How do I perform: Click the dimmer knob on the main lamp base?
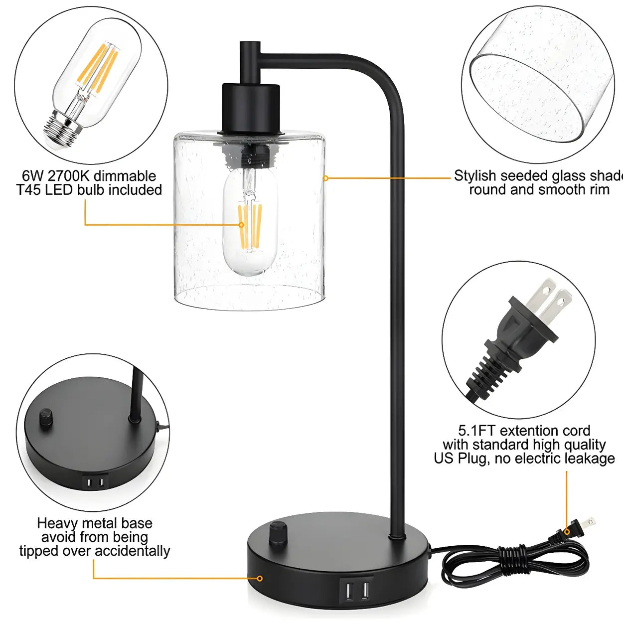coord(278,532)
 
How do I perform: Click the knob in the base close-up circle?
coord(46,417)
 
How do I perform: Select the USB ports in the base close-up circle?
coord(95,482)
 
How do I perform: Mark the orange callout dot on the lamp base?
coord(260,578)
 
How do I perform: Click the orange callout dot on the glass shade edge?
coord(325,178)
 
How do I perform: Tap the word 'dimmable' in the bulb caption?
coord(125,176)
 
